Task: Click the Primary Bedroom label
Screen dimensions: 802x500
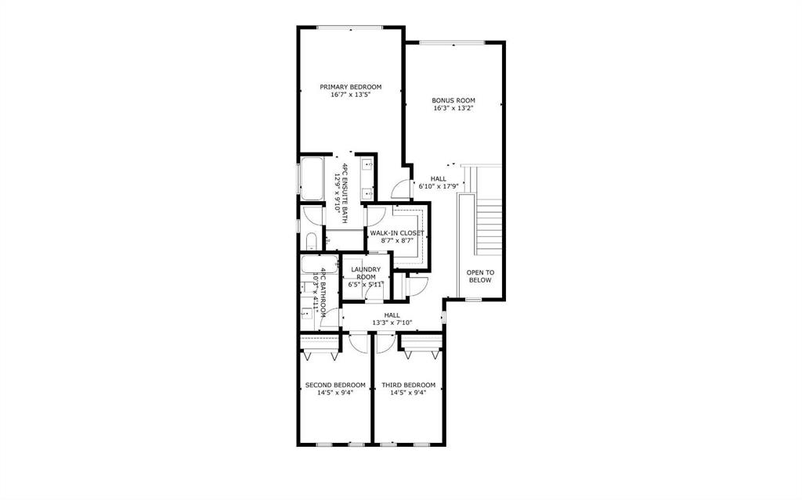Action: [x=350, y=87]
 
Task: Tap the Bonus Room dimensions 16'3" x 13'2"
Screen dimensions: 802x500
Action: [x=453, y=109]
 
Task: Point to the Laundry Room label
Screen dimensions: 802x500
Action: [x=366, y=273]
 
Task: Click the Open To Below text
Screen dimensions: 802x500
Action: [x=480, y=276]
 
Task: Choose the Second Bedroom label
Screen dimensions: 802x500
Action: [x=335, y=385]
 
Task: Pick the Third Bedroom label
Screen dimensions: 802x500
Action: [x=408, y=385]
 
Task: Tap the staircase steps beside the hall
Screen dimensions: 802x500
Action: [x=490, y=227]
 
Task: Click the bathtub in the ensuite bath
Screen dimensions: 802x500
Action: [x=312, y=179]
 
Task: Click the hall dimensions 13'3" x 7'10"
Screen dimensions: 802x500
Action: [x=392, y=322]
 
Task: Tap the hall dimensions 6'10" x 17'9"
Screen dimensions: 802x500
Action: [x=439, y=186]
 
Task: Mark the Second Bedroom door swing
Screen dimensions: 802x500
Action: [x=359, y=343]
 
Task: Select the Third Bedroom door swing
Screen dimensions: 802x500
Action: [x=385, y=343]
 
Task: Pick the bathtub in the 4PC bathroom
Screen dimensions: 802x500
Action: [x=320, y=264]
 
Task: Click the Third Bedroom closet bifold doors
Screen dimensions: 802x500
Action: [x=421, y=353]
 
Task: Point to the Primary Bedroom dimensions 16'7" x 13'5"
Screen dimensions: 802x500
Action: [x=350, y=95]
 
